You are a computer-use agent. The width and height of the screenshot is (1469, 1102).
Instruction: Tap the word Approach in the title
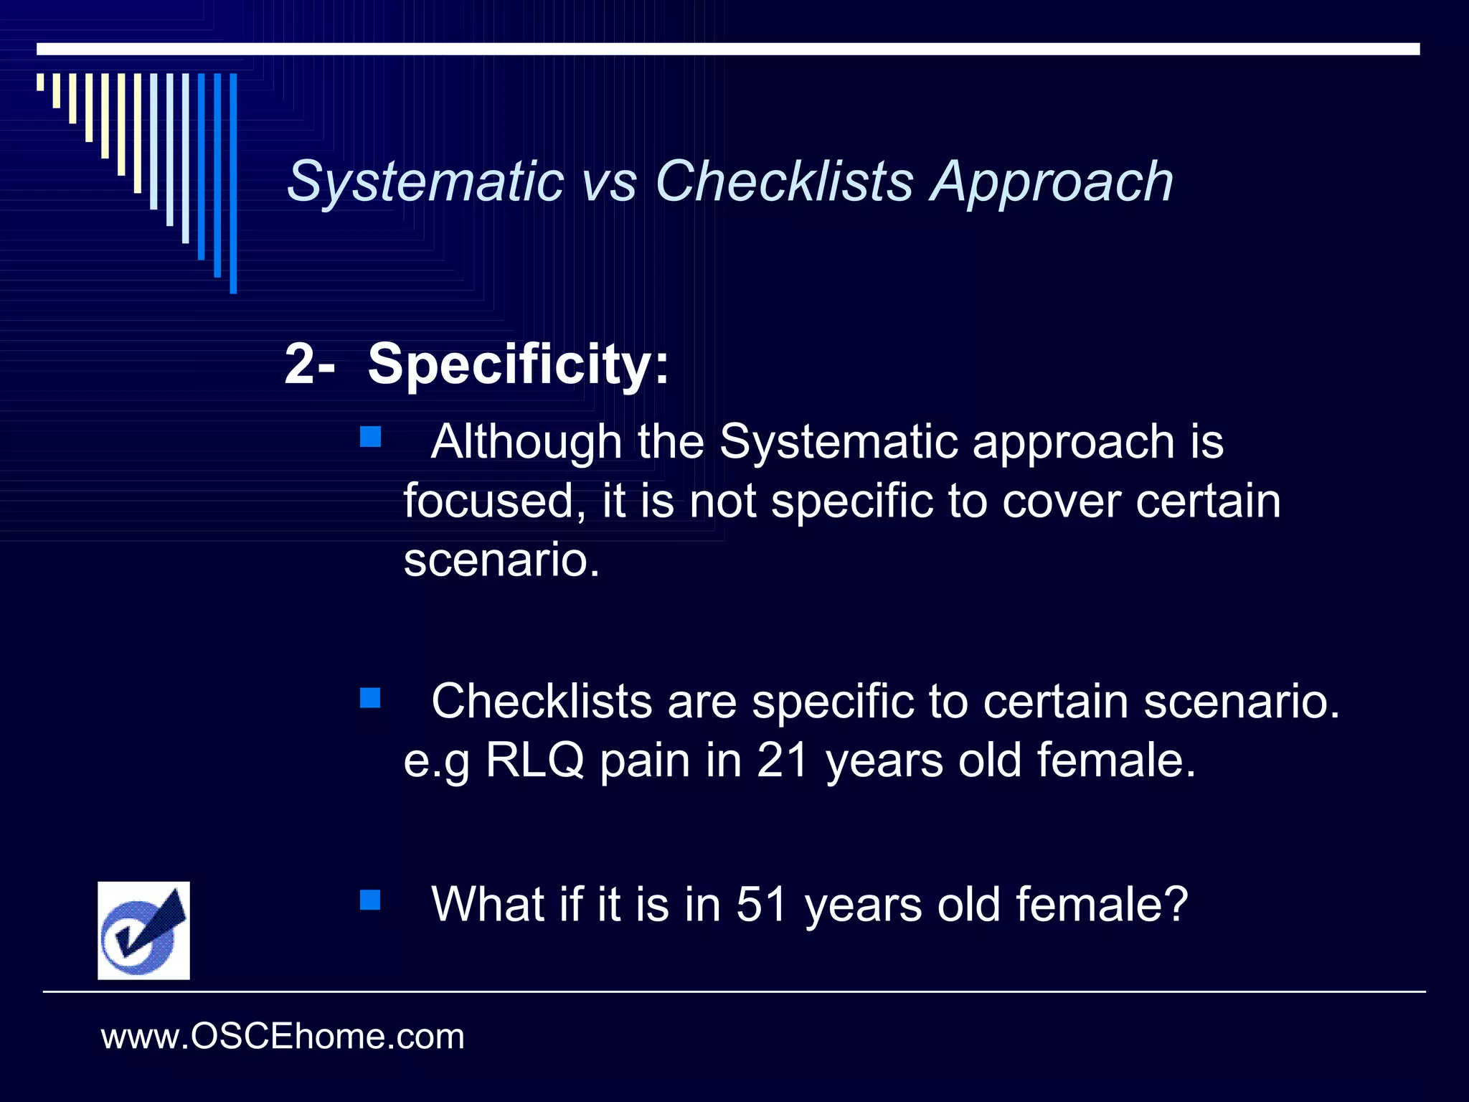[x=1052, y=182]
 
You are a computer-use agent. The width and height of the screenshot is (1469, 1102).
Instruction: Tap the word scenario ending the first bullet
[x=500, y=560]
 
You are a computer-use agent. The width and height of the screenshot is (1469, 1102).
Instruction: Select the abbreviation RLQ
[x=535, y=760]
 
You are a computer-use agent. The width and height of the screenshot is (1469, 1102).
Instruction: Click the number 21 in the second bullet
[x=783, y=760]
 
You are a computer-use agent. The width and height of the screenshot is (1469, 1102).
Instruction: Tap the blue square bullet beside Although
[x=370, y=437]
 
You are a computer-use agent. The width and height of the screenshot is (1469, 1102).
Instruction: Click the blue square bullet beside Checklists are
[x=370, y=697]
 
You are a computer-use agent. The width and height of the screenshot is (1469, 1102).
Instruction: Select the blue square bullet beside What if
[x=370, y=900]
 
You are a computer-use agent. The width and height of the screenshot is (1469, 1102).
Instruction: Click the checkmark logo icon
[x=143, y=931]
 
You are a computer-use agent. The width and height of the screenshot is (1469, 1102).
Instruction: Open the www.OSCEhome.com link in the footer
[x=283, y=1037]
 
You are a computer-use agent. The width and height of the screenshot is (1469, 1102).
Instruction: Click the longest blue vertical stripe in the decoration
[x=233, y=183]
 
